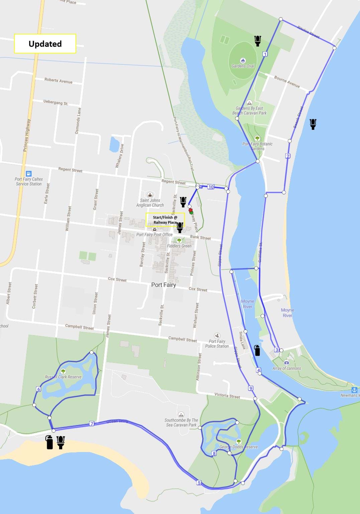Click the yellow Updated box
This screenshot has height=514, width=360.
pos(45,43)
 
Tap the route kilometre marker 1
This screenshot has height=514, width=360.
pos(265,54)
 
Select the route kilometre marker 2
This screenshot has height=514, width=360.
pos(288,156)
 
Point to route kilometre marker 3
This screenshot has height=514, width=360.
pos(277,350)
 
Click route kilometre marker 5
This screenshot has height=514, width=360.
pos(199,483)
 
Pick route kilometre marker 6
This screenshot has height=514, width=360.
pos(39,389)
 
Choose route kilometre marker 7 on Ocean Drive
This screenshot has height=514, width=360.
pos(92,424)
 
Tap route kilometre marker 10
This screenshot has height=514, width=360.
pos(211,187)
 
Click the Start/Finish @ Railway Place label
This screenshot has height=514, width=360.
pos(165,220)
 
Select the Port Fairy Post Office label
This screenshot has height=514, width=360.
pos(154,235)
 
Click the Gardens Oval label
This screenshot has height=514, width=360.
pos(243,66)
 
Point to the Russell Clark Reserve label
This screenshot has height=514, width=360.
pos(63,377)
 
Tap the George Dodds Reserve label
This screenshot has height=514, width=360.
pos(238,447)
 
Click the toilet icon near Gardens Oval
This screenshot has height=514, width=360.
pos(257,41)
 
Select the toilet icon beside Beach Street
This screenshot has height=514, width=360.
pos(313,124)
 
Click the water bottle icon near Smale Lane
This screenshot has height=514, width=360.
pos(257,350)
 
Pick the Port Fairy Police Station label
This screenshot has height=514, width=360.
pos(217,343)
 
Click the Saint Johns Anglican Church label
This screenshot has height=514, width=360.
pos(150,203)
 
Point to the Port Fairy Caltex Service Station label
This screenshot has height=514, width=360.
pos(29,181)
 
